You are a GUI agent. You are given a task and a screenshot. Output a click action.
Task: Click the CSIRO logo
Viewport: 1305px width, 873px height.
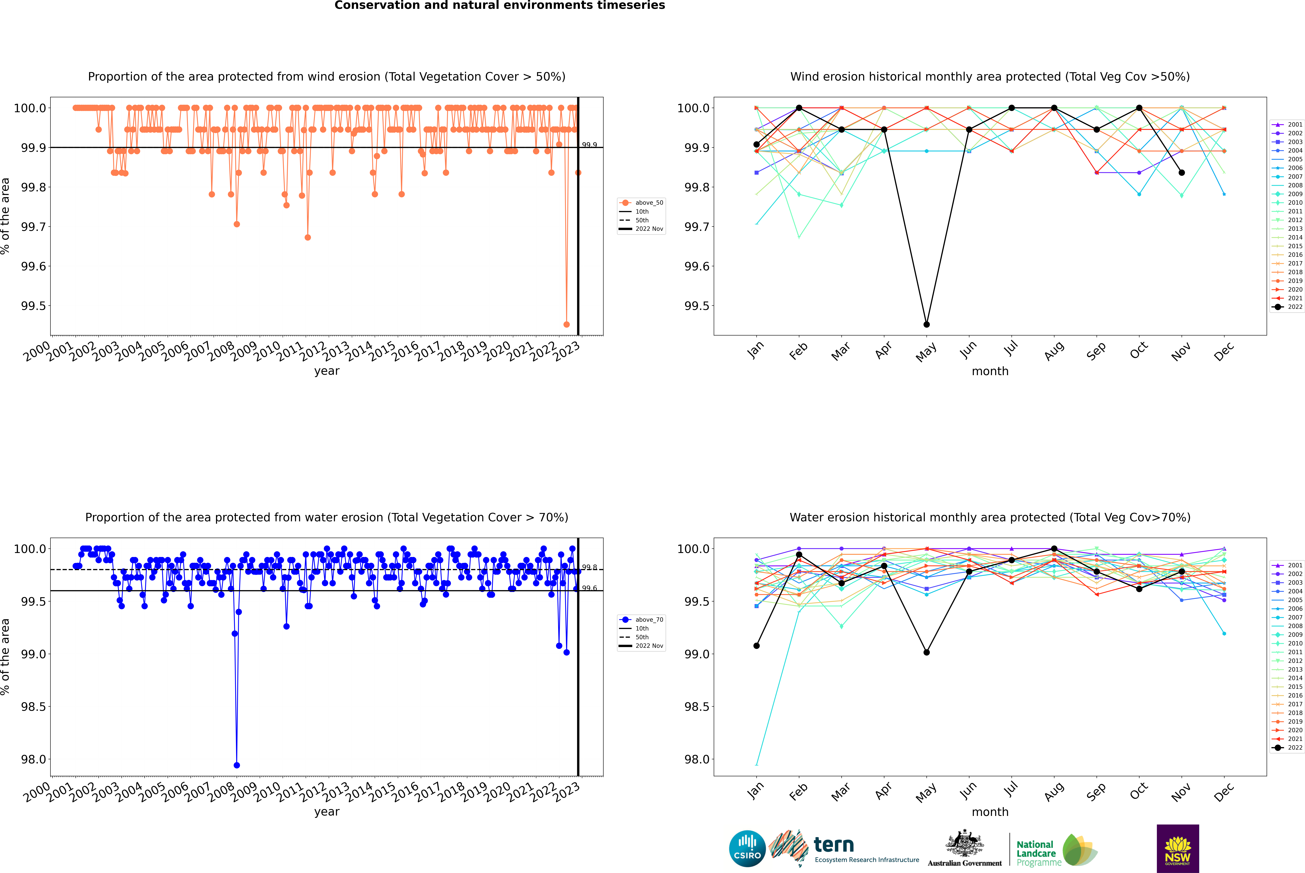(747, 849)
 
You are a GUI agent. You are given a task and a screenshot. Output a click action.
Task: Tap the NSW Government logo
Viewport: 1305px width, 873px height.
(1178, 849)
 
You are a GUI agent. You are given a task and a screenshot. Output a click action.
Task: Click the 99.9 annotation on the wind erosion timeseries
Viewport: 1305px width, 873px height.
(590, 145)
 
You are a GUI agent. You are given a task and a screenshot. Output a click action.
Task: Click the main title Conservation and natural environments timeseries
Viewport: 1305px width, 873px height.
(499, 6)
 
